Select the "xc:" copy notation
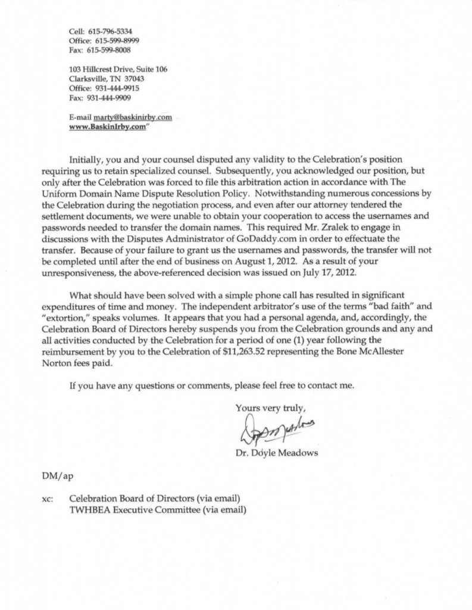coord(48,499)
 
